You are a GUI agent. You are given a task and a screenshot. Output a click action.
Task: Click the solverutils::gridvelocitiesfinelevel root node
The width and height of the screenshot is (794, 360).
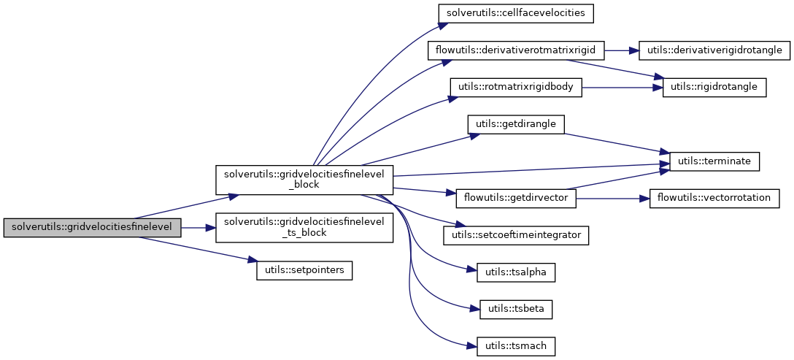click(91, 227)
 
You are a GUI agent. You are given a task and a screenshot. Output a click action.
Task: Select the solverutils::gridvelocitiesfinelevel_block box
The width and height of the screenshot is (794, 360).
click(304, 179)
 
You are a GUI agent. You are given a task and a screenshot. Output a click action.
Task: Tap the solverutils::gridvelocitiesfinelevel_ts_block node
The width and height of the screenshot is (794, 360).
click(304, 227)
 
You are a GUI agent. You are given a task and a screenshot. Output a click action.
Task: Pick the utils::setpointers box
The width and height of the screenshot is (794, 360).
click(304, 270)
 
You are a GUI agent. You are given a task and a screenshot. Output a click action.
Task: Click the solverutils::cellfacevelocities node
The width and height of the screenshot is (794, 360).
click(516, 12)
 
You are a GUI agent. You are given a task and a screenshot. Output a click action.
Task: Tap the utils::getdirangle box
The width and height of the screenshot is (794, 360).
click(516, 124)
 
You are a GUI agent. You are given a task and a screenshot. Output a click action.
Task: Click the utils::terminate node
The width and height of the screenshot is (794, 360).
click(714, 161)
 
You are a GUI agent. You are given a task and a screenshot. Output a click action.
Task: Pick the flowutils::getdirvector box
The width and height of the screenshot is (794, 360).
click(516, 198)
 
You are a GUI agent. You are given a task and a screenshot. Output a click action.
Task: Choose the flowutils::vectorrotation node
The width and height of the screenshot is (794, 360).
click(714, 198)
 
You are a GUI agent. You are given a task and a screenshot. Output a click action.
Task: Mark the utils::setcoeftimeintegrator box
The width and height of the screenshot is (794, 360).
click(516, 235)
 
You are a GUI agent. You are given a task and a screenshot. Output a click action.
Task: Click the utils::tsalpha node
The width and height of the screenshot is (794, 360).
click(516, 272)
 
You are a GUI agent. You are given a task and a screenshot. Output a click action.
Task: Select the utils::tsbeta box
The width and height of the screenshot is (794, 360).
click(516, 309)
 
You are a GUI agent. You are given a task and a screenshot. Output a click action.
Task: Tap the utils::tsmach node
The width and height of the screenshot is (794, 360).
click(516, 346)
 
